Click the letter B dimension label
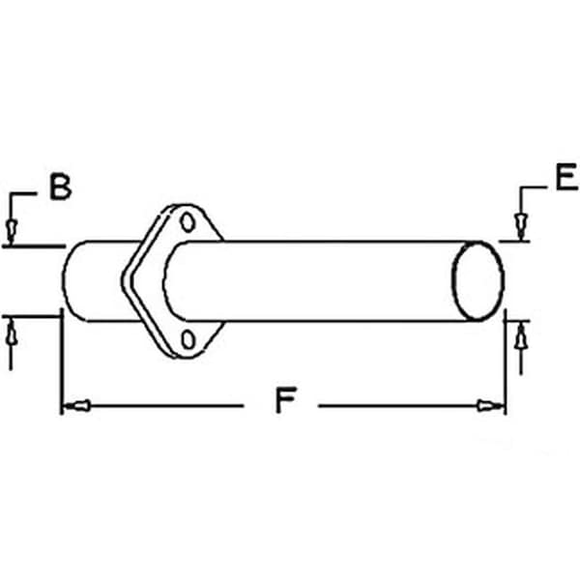[61, 187]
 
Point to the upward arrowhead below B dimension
[11, 331]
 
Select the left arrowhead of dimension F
[73, 406]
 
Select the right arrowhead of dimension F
[493, 406]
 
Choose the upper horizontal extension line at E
[515, 241]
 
